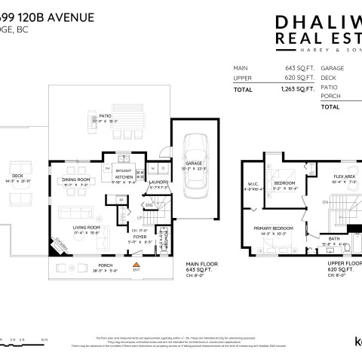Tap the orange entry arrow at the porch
point(137,265)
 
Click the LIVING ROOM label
point(88,227)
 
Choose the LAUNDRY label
point(158,182)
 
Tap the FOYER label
point(140,237)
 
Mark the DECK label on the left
point(17,177)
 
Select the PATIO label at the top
point(105,115)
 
